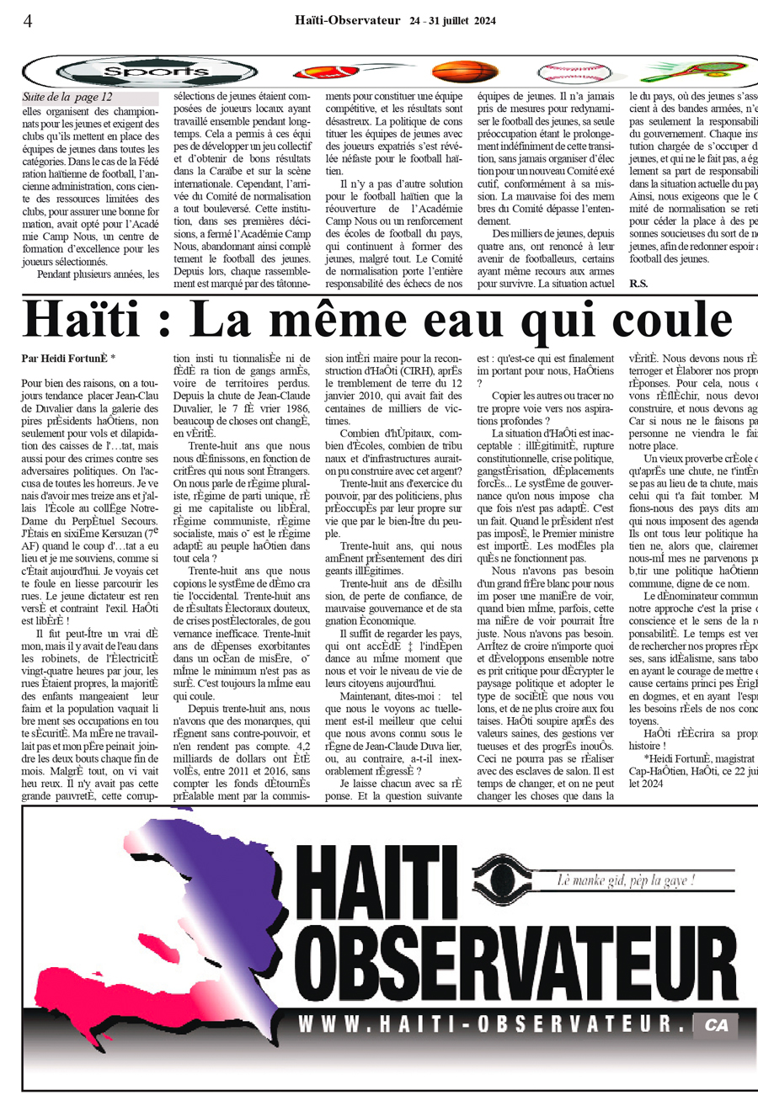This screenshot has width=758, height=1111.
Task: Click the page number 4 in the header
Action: pos(28,21)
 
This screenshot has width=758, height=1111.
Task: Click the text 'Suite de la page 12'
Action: pos(67,98)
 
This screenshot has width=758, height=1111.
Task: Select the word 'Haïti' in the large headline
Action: pos(94,319)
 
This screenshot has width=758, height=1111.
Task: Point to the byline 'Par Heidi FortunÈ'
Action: pos(66,358)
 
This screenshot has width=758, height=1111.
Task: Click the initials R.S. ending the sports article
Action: pos(638,284)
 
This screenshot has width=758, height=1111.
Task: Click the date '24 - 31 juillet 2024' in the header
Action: pos(452,21)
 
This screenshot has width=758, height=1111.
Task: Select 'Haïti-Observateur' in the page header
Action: pos(348,20)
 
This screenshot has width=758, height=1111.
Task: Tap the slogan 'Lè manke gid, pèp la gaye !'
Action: pos(627,880)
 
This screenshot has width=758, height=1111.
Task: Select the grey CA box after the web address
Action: pos(716,1025)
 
